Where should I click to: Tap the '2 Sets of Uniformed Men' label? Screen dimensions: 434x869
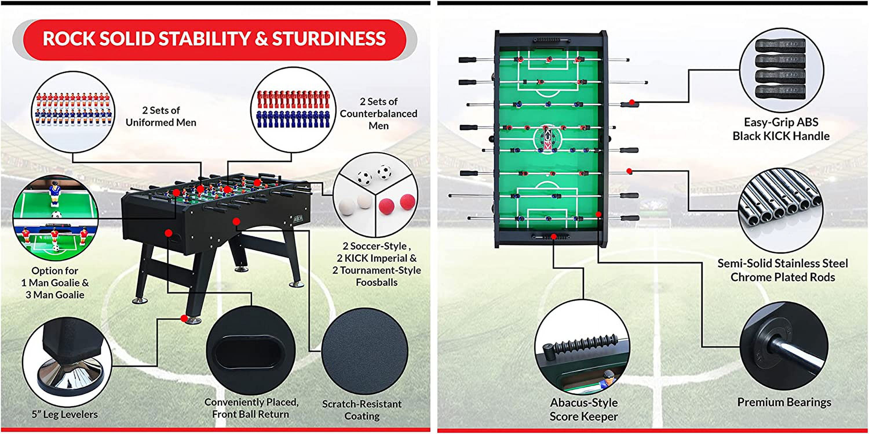click(x=161, y=116)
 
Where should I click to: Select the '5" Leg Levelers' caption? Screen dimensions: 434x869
click(x=65, y=414)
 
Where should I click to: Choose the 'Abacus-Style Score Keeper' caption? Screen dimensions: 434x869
click(x=584, y=409)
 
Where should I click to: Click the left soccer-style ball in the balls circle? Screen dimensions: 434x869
click(x=364, y=176)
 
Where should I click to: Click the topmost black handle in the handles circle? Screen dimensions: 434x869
click(x=780, y=46)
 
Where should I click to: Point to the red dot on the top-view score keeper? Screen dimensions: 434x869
click(x=554, y=236)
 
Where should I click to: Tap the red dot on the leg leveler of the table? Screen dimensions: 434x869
click(x=184, y=318)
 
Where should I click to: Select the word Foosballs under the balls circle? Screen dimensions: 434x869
click(x=377, y=282)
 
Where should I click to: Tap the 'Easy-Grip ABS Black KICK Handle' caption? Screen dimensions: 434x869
click(x=781, y=129)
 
